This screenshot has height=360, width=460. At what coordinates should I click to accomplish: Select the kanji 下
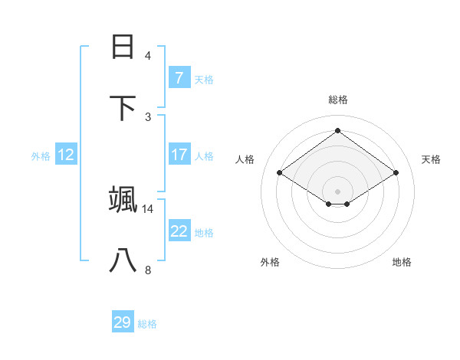coord(123,108)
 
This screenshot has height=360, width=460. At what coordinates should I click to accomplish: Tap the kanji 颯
coord(123,200)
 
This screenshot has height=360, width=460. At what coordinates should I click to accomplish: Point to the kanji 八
coord(123,260)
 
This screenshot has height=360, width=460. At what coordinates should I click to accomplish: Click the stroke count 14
coord(148,208)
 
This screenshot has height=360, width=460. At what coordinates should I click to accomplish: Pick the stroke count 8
coord(148,270)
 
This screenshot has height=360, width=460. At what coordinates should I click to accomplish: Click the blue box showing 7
coord(179,77)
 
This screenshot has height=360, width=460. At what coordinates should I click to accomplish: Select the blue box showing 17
coord(179,155)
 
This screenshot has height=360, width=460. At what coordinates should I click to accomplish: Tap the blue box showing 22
coord(179,231)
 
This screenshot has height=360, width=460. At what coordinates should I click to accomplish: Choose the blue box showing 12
coord(65,155)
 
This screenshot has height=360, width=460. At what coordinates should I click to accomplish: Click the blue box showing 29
coord(122,322)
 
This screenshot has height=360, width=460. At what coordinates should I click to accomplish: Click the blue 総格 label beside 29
coord(147,324)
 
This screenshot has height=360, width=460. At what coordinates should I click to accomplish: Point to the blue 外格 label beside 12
coord(41,156)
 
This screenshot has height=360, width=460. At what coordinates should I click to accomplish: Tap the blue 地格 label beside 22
coord(204,233)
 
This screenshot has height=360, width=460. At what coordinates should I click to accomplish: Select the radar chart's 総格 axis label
coord(337,100)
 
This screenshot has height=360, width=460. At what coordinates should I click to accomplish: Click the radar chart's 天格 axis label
coord(431,159)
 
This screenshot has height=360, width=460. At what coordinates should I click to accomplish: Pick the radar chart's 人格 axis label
coord(245,159)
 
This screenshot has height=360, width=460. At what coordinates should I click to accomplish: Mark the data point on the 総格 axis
coord(337,130)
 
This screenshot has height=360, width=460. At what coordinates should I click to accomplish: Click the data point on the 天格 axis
coord(396,173)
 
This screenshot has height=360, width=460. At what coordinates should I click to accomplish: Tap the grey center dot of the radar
coord(337,191)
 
